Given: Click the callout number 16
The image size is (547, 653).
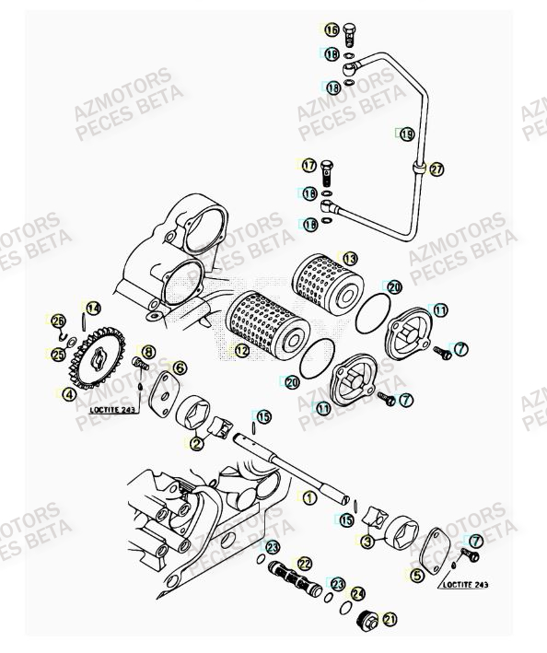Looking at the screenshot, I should point(332,29).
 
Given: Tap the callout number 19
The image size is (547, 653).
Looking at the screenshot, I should point(406,134).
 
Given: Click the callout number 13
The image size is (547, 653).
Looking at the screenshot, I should point(349,259).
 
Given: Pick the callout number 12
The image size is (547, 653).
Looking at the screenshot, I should point(241,350).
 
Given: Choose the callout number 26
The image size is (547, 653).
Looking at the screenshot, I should point(57,321).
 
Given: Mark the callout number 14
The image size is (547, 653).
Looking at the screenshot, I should point(93,308).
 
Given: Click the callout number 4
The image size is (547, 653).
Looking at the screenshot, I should point(67,394).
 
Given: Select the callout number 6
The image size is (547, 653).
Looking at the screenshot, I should point(180,367).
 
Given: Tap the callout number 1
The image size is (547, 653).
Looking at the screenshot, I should point(309,496).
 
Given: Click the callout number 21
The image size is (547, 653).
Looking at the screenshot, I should point(390,619).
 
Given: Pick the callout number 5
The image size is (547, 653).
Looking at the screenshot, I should point(416,576).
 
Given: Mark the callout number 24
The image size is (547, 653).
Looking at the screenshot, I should point(357,594).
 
